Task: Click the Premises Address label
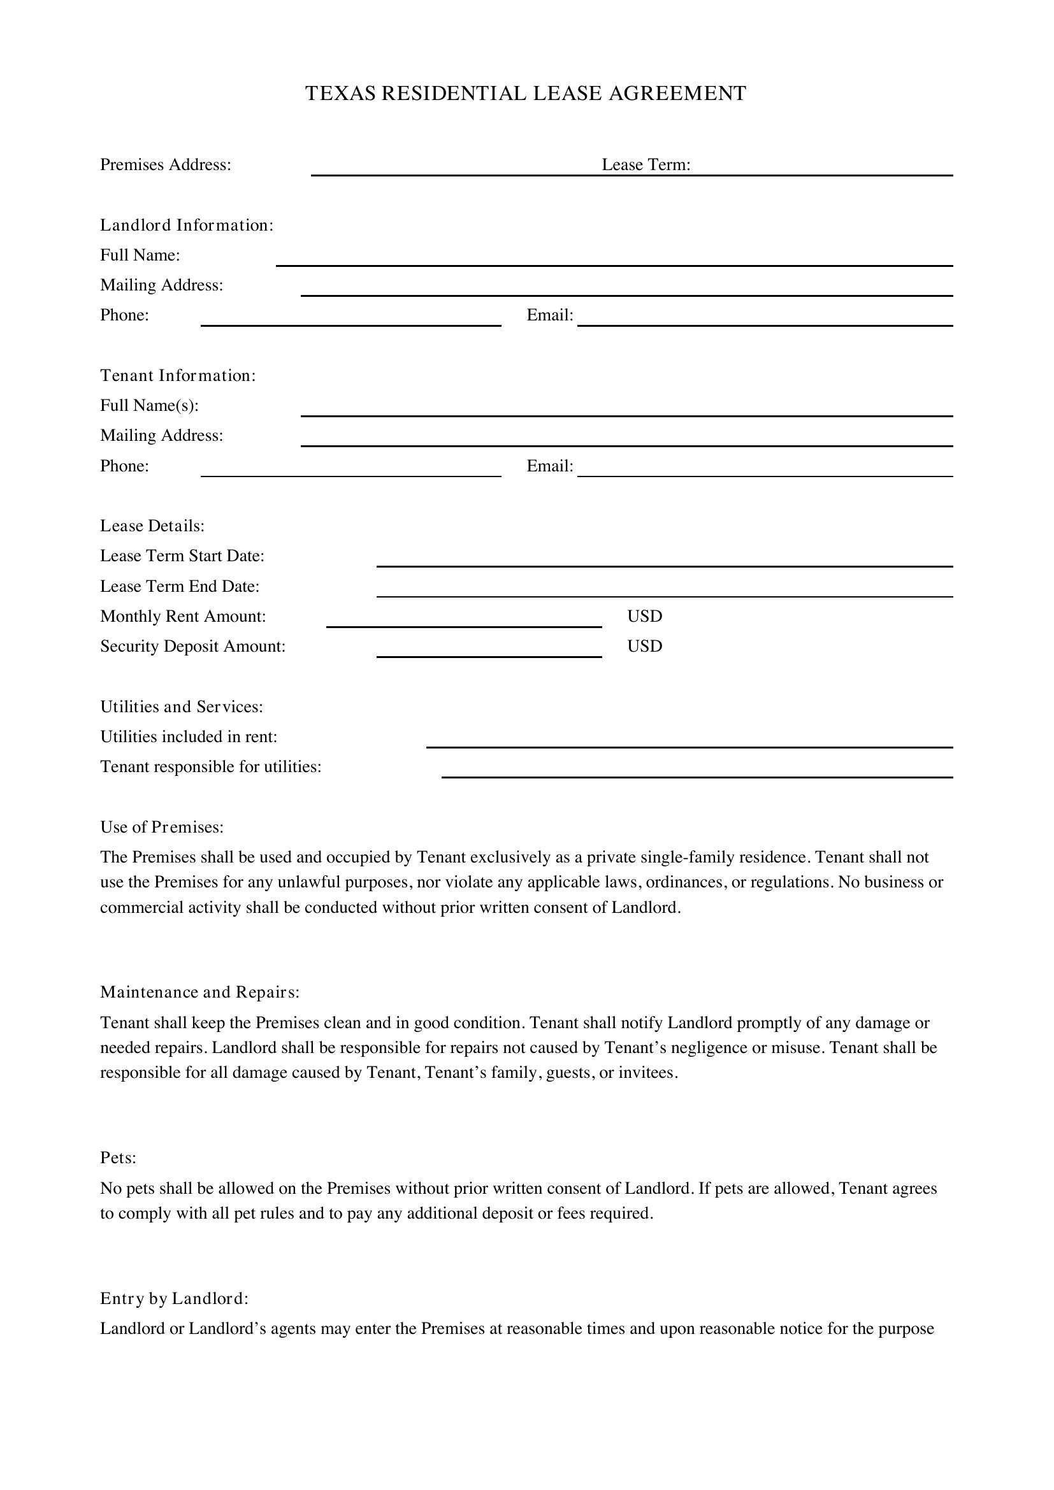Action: coord(166,165)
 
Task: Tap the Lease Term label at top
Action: coord(645,165)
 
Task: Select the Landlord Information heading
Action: coord(187,225)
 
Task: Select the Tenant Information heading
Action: coord(178,376)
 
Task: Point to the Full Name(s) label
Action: coord(149,406)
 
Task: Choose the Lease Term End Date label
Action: coord(180,587)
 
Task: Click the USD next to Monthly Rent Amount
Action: coord(644,617)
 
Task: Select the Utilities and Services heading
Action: coord(182,706)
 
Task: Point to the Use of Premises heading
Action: coord(162,827)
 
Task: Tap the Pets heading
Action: coord(118,1157)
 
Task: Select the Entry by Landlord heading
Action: coord(175,1298)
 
